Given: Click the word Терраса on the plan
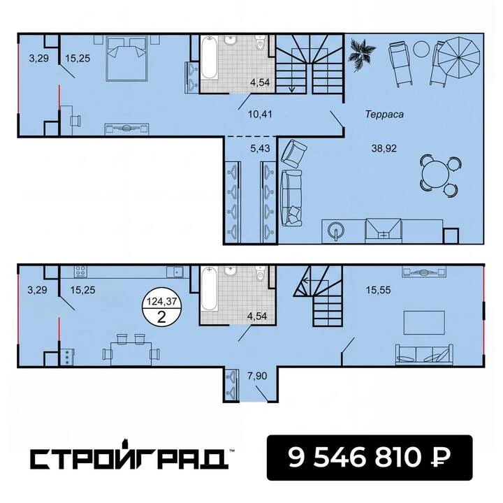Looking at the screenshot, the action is pos(384,114).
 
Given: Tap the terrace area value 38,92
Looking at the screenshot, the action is pos(384,149).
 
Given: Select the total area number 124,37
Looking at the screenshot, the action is pos(161,301).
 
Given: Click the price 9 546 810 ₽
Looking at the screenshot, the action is pos(370,457).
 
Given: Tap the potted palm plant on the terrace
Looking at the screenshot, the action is pos(362,54).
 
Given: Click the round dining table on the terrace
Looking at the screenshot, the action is pos(435,173).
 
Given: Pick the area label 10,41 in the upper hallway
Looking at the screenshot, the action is pos(260,114).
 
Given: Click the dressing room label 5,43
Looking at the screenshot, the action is pos(260,149).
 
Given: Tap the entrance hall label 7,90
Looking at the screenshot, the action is pos(257,376).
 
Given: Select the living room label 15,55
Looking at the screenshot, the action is pos(379,290).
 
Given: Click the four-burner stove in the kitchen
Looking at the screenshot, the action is pos(80,271).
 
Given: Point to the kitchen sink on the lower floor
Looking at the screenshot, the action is pos(175,272).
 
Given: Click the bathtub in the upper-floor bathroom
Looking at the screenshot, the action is pos(209,58).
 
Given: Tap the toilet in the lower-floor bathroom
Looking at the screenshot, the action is pos(261,274).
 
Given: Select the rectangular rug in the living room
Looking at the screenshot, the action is pos(424,323).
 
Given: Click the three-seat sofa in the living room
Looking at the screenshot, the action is pos(424,355).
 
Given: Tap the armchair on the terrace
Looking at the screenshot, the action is pos(293,153).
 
